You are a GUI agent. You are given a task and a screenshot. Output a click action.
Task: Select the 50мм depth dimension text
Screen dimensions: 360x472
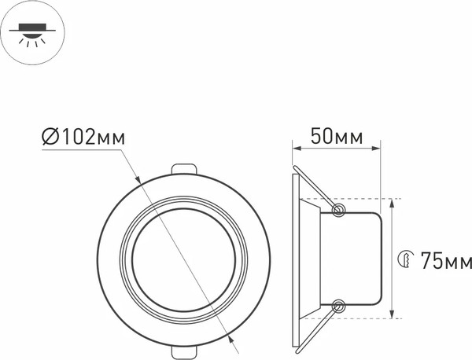(x=337, y=136)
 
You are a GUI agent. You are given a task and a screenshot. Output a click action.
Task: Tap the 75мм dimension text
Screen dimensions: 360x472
(x=445, y=259)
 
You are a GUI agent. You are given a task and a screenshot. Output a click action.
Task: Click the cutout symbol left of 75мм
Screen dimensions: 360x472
(x=406, y=259)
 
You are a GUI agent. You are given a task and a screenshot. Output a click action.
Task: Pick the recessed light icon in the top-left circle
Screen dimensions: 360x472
(x=31, y=32)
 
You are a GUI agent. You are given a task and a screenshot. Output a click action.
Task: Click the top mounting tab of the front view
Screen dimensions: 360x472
(x=184, y=169)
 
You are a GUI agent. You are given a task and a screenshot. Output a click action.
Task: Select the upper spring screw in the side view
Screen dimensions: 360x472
(x=339, y=210)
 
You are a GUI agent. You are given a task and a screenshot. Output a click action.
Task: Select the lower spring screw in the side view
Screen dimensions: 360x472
(x=339, y=306)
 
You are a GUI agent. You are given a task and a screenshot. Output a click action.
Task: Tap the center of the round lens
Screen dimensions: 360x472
(x=184, y=259)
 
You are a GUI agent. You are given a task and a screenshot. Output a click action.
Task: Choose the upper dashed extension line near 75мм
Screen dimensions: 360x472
(x=370, y=198)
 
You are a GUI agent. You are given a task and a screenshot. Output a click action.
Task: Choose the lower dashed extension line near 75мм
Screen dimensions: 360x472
(x=370, y=318)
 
